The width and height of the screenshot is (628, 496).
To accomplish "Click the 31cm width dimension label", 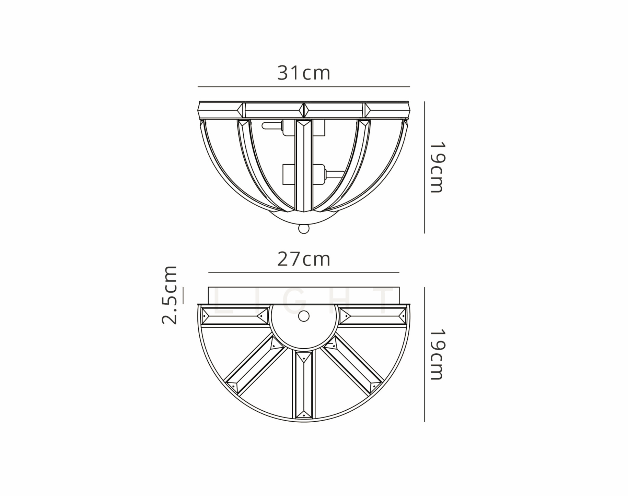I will [304, 73].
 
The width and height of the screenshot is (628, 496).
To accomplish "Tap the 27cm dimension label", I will [304, 259].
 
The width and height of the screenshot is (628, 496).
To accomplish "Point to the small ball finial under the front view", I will [304, 229].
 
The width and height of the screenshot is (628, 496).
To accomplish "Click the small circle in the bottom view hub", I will [304, 316].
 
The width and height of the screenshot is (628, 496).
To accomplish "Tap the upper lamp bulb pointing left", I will [271, 126].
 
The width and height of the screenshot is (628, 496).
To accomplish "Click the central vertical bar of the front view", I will [304, 165].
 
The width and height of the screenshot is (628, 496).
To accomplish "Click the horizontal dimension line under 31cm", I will [304, 87].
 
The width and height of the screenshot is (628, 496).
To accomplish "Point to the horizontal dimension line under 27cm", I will [304, 273].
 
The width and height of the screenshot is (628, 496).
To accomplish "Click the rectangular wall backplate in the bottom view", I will [304, 295].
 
